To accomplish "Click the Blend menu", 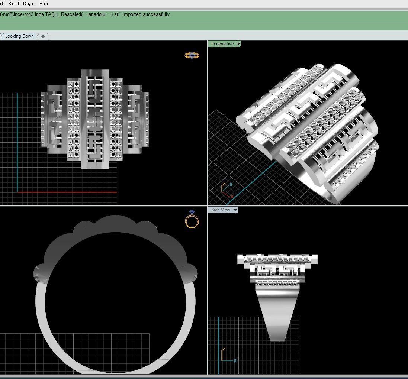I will (x=13, y=4).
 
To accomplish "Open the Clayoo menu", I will (x=29, y=4).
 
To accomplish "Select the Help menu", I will (x=44, y=4).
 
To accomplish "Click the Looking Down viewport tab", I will (x=19, y=36).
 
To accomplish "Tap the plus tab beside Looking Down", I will (x=43, y=36).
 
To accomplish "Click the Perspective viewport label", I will (x=222, y=44).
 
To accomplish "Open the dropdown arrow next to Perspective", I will (x=238, y=44).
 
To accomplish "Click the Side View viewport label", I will (x=221, y=210).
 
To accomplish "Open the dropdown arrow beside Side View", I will (x=235, y=210).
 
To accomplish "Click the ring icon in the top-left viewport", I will (x=192, y=56).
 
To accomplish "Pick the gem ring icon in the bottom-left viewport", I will (x=192, y=220).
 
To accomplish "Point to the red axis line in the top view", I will (x=67, y=192).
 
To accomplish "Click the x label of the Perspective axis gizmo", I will (x=232, y=196).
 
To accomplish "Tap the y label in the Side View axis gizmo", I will (x=235, y=360).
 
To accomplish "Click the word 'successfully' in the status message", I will (x=157, y=14).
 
